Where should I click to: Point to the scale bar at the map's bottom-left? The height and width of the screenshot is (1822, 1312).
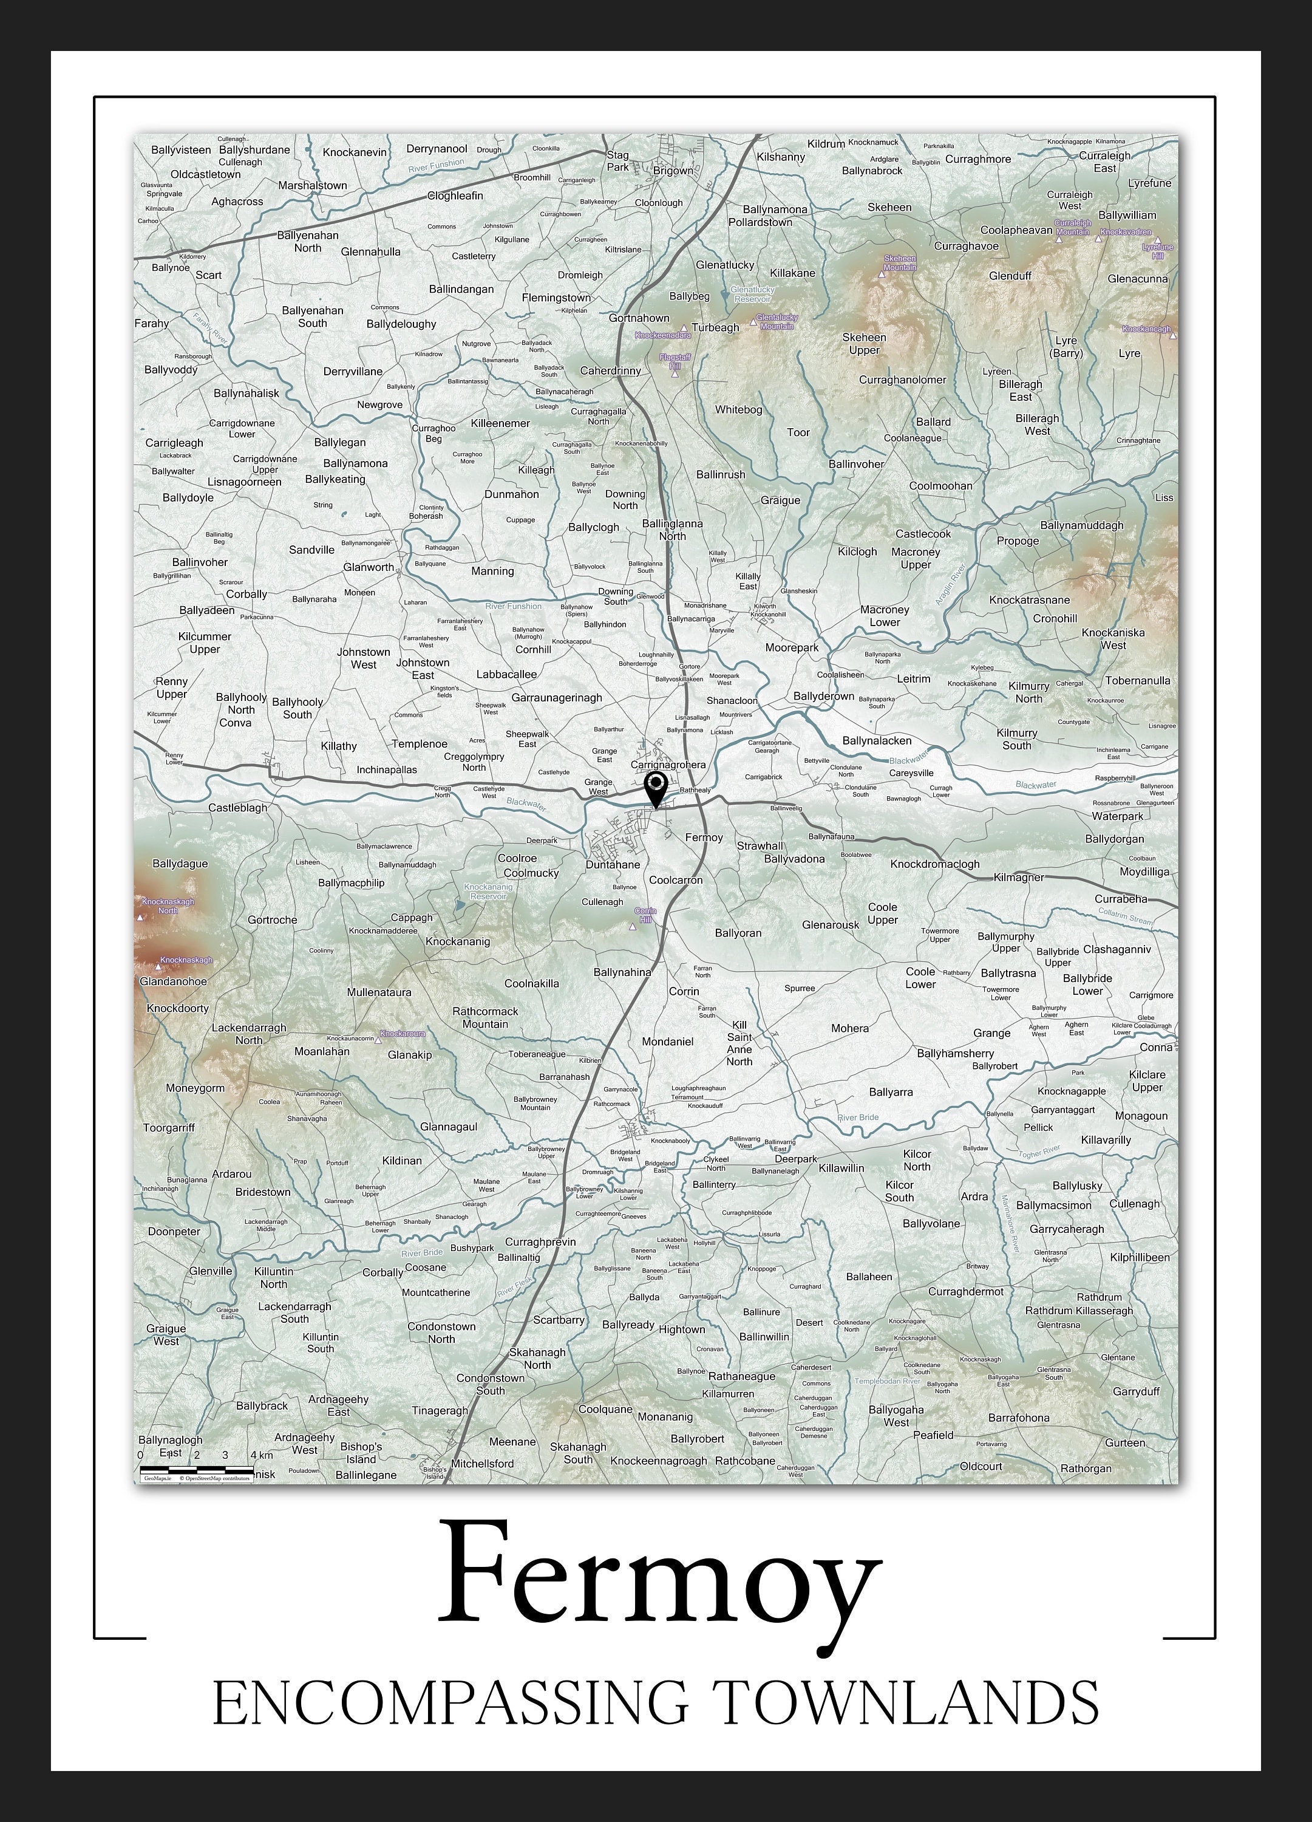pos(197,1469)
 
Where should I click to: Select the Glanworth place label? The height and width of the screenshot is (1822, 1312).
pos(369,567)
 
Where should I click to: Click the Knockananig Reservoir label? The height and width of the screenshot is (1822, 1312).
pos(488,891)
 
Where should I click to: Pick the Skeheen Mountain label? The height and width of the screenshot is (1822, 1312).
pos(899,263)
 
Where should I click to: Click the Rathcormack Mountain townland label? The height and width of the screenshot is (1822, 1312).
pos(485,1017)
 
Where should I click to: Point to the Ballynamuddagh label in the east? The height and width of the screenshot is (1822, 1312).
pos(1081,525)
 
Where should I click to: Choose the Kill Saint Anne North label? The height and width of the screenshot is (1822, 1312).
pos(739,1043)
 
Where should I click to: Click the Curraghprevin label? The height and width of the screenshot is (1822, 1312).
pos(540,1241)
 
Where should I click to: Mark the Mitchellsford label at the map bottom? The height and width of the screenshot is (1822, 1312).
pos(482,1463)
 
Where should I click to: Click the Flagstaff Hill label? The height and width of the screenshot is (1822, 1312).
pos(675,361)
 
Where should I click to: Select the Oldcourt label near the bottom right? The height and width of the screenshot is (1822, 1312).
pos(981,1465)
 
